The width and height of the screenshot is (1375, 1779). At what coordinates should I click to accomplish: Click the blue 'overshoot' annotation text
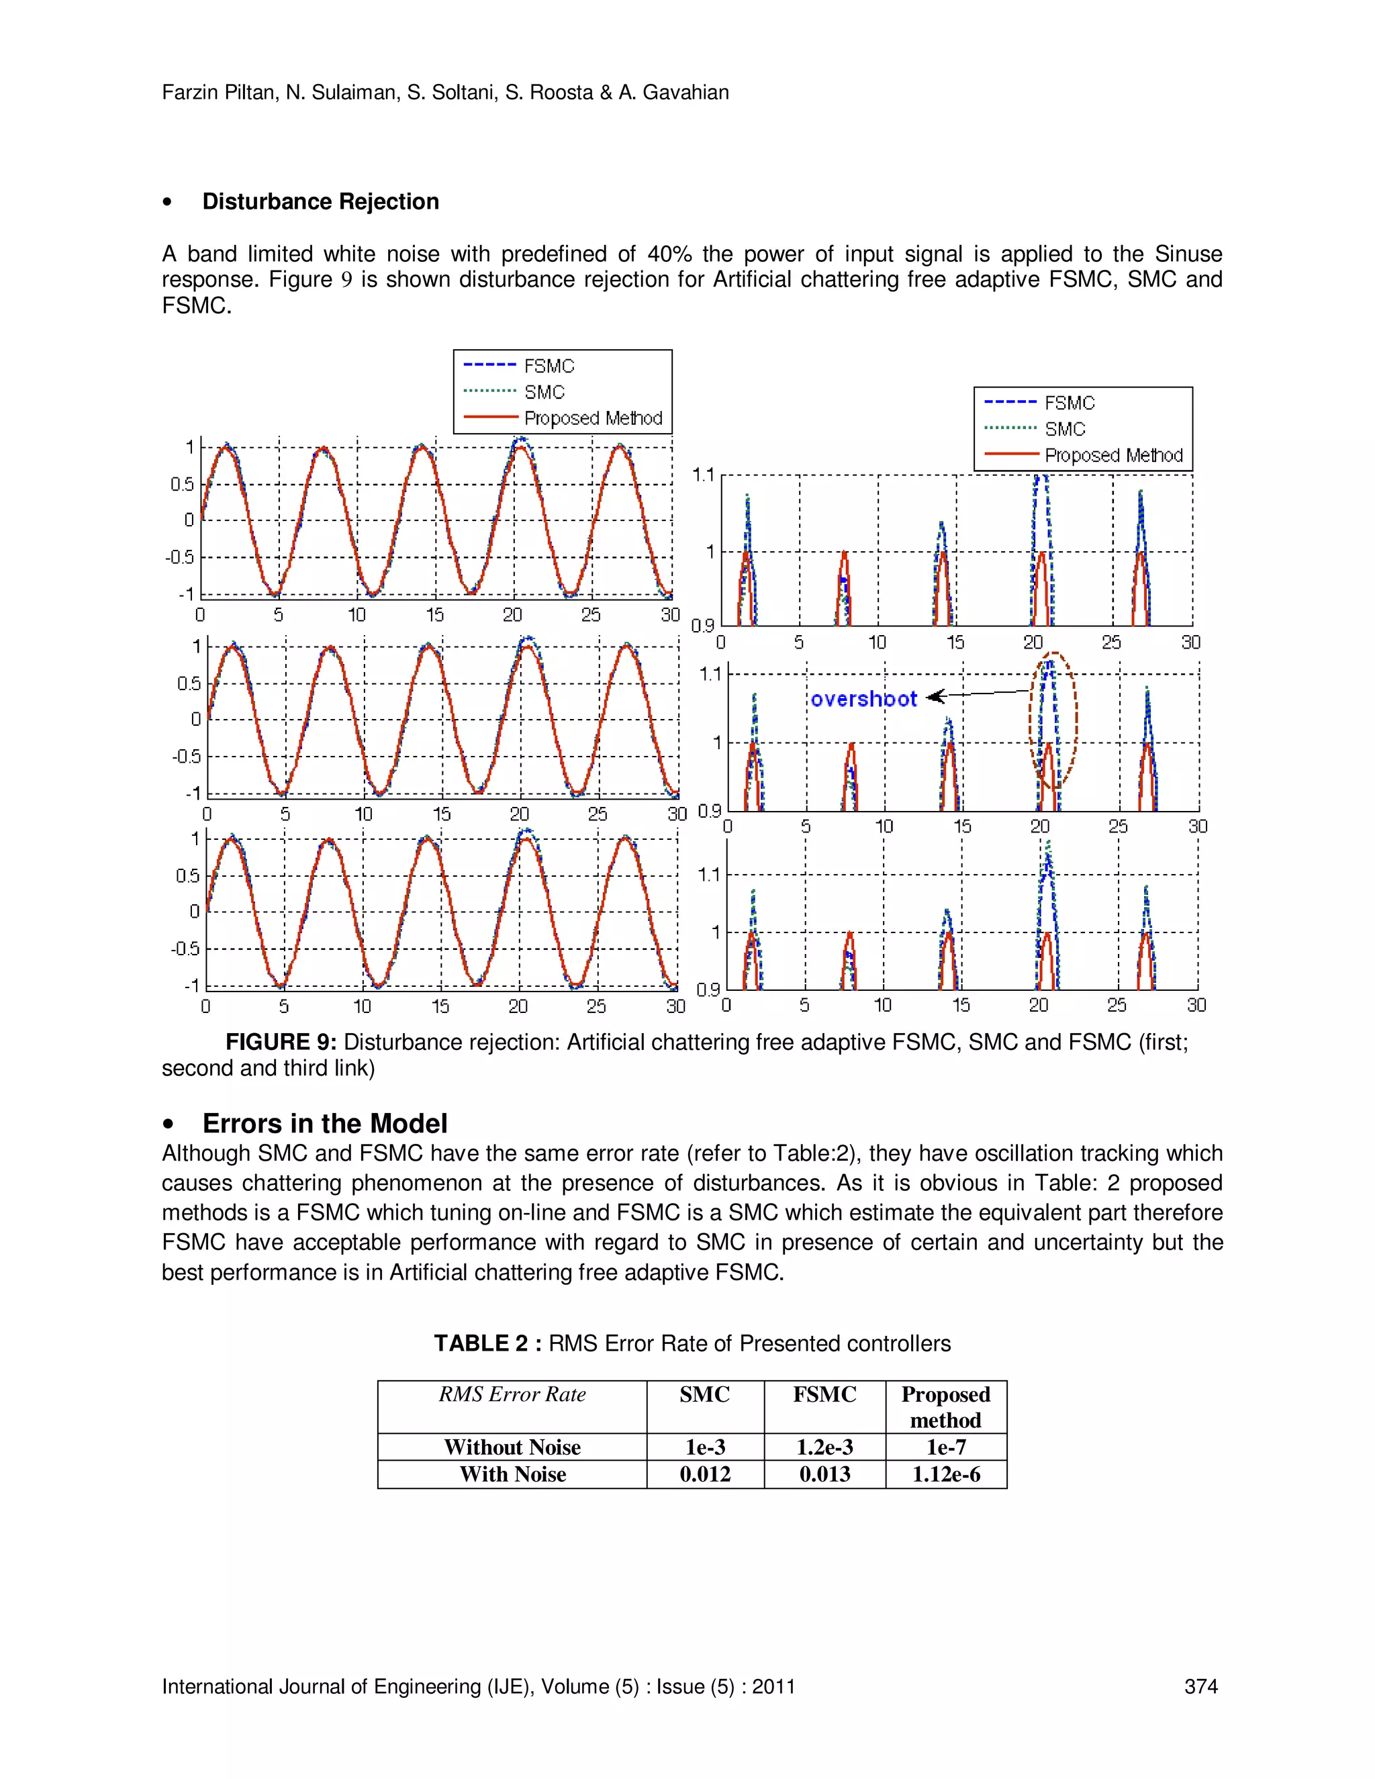(x=863, y=699)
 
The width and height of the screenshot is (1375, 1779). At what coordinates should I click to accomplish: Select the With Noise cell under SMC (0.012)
(x=704, y=1474)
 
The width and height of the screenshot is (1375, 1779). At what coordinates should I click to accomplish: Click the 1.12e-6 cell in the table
(x=946, y=1474)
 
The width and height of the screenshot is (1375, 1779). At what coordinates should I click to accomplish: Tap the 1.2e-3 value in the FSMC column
(x=824, y=1447)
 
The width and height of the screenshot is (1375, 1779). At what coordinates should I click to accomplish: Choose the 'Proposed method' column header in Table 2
(x=946, y=1406)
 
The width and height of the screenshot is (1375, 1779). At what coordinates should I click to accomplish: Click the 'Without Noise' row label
(x=512, y=1447)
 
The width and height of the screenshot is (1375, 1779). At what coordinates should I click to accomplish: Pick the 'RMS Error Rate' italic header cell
(x=512, y=1394)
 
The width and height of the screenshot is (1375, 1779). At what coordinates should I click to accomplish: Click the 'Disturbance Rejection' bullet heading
(x=320, y=201)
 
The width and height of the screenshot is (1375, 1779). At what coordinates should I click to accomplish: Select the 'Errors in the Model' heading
(x=324, y=1123)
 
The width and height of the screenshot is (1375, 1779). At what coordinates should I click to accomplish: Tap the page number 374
(x=1200, y=1686)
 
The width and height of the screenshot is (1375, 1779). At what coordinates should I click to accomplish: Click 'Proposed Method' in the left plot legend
(x=592, y=418)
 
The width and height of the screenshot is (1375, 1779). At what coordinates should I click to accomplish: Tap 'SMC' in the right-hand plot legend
(x=1065, y=429)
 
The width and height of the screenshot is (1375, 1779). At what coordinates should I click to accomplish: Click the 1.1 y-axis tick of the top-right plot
(x=703, y=475)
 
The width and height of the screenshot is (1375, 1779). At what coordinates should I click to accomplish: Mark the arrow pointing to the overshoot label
(x=978, y=694)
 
